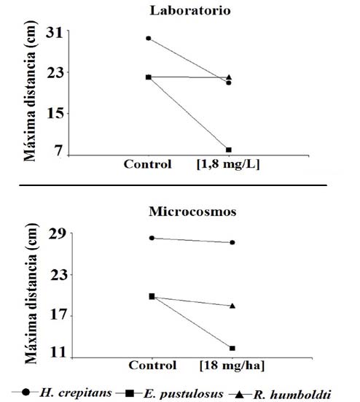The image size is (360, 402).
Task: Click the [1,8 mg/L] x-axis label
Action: coord(228,164)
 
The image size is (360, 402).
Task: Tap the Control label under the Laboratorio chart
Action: coord(148,164)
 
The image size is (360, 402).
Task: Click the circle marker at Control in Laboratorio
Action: coord(149,38)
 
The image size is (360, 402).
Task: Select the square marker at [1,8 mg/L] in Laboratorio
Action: coord(229,150)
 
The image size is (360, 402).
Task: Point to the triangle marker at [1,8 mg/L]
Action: coord(229,77)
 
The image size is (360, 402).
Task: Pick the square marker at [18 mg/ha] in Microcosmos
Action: coord(232,348)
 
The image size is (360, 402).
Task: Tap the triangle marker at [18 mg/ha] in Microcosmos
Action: coord(232,306)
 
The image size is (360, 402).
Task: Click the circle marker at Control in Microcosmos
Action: coord(152,238)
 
